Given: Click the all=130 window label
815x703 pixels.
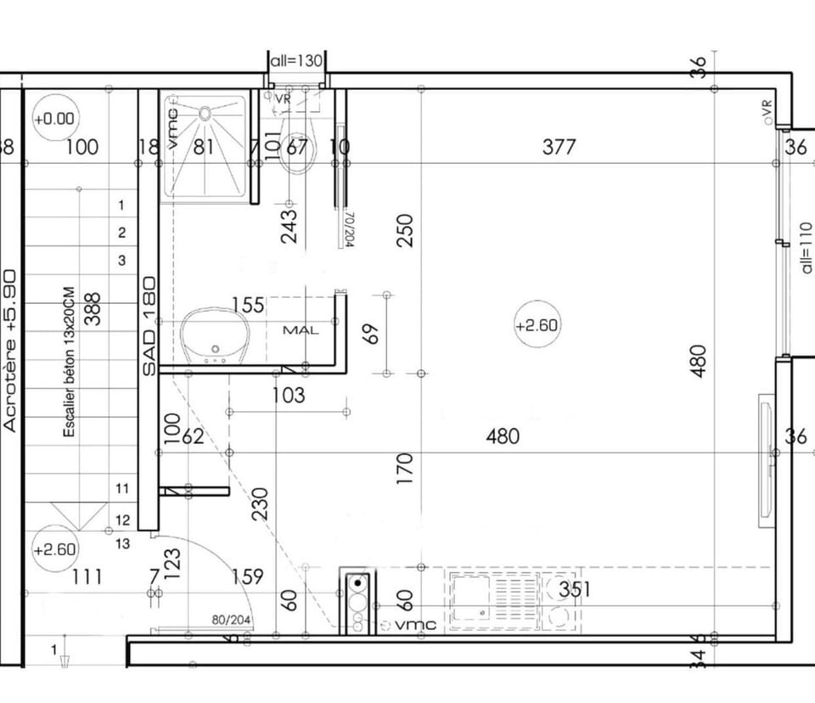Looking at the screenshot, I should coord(296,60).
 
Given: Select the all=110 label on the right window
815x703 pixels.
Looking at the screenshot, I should coord(806,247).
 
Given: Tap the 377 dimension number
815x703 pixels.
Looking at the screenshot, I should coord(559,147).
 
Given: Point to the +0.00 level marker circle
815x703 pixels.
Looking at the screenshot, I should coord(54,120).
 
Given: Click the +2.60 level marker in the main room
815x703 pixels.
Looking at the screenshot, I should coord(537,325).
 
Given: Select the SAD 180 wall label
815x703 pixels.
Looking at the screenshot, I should coord(149,326).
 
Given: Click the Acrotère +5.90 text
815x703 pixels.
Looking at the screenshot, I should coord(10,350).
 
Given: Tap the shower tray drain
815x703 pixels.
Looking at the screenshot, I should coord(205,111).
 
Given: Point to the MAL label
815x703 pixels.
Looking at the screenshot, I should coord(301,329).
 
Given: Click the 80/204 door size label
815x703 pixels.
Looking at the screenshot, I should coord(231,620).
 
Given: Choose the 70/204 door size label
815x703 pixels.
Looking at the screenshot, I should coord(347,229).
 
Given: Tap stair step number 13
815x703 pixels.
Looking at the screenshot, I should coord(122,544).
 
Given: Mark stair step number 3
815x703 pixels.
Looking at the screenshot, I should coord(121,261).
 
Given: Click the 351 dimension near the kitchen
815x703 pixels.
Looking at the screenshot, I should coord(575,589).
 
